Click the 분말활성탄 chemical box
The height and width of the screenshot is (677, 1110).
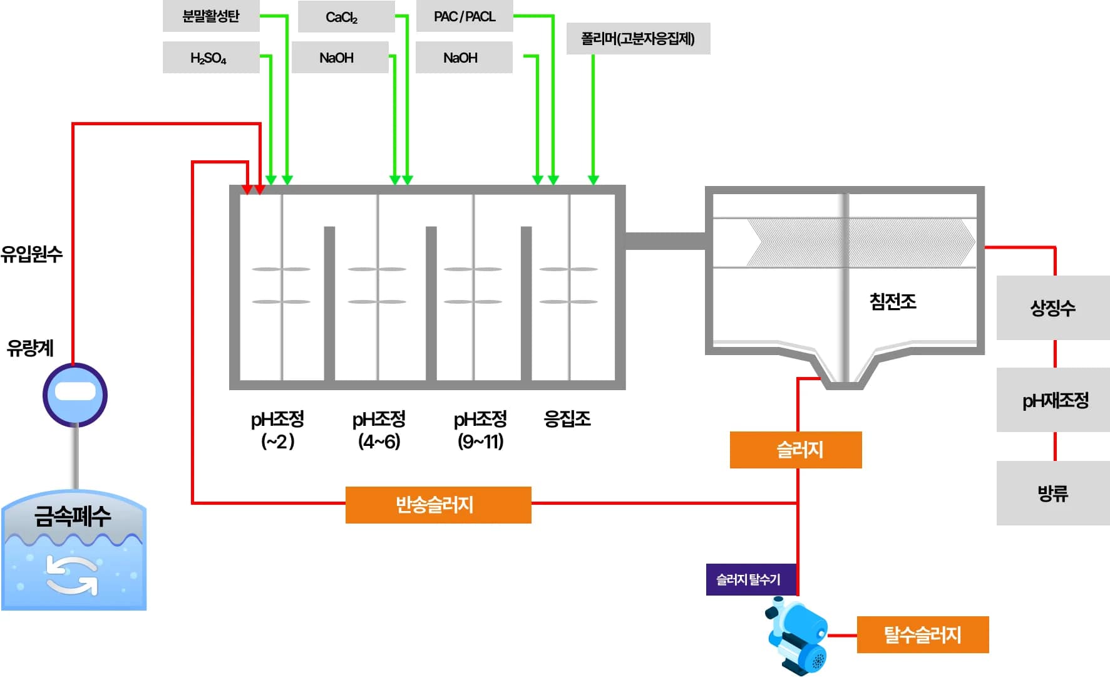point(211,16)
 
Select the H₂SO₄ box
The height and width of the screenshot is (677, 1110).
point(211,58)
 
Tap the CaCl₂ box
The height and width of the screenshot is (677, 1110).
point(346,17)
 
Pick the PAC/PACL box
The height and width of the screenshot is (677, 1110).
point(464,16)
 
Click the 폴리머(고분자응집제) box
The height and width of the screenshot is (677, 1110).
point(638,39)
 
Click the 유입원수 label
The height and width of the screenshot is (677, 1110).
point(32,254)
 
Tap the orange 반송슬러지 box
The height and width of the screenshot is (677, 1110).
point(438,505)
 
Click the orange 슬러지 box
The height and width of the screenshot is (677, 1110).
point(795,450)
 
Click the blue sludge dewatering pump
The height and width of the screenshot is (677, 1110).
point(798,636)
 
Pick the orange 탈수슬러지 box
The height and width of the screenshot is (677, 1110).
point(922,634)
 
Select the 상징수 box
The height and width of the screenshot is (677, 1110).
point(1053,307)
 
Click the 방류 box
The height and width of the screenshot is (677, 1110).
point(1053,493)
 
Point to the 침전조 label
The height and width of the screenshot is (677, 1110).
point(893,302)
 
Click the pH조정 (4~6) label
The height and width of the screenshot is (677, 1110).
point(379,430)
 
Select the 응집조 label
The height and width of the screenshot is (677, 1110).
point(567,418)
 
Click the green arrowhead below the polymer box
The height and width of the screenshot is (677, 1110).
point(594,180)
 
